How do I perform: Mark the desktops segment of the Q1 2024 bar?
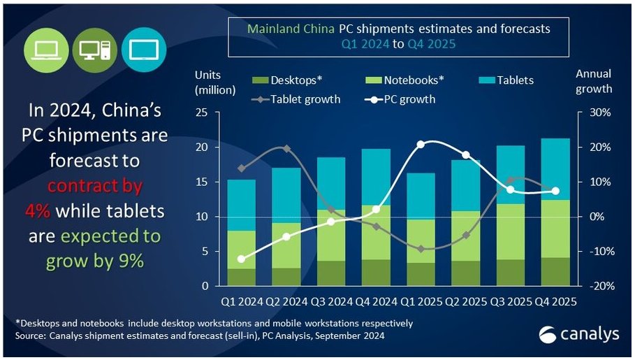tap(241, 278)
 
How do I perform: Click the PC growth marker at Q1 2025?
tap(421, 145)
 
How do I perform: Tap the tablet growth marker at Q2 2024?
tap(286, 148)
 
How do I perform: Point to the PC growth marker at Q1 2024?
tap(242, 259)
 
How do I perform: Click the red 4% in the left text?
tap(38, 211)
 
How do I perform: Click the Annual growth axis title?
tap(593, 81)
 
